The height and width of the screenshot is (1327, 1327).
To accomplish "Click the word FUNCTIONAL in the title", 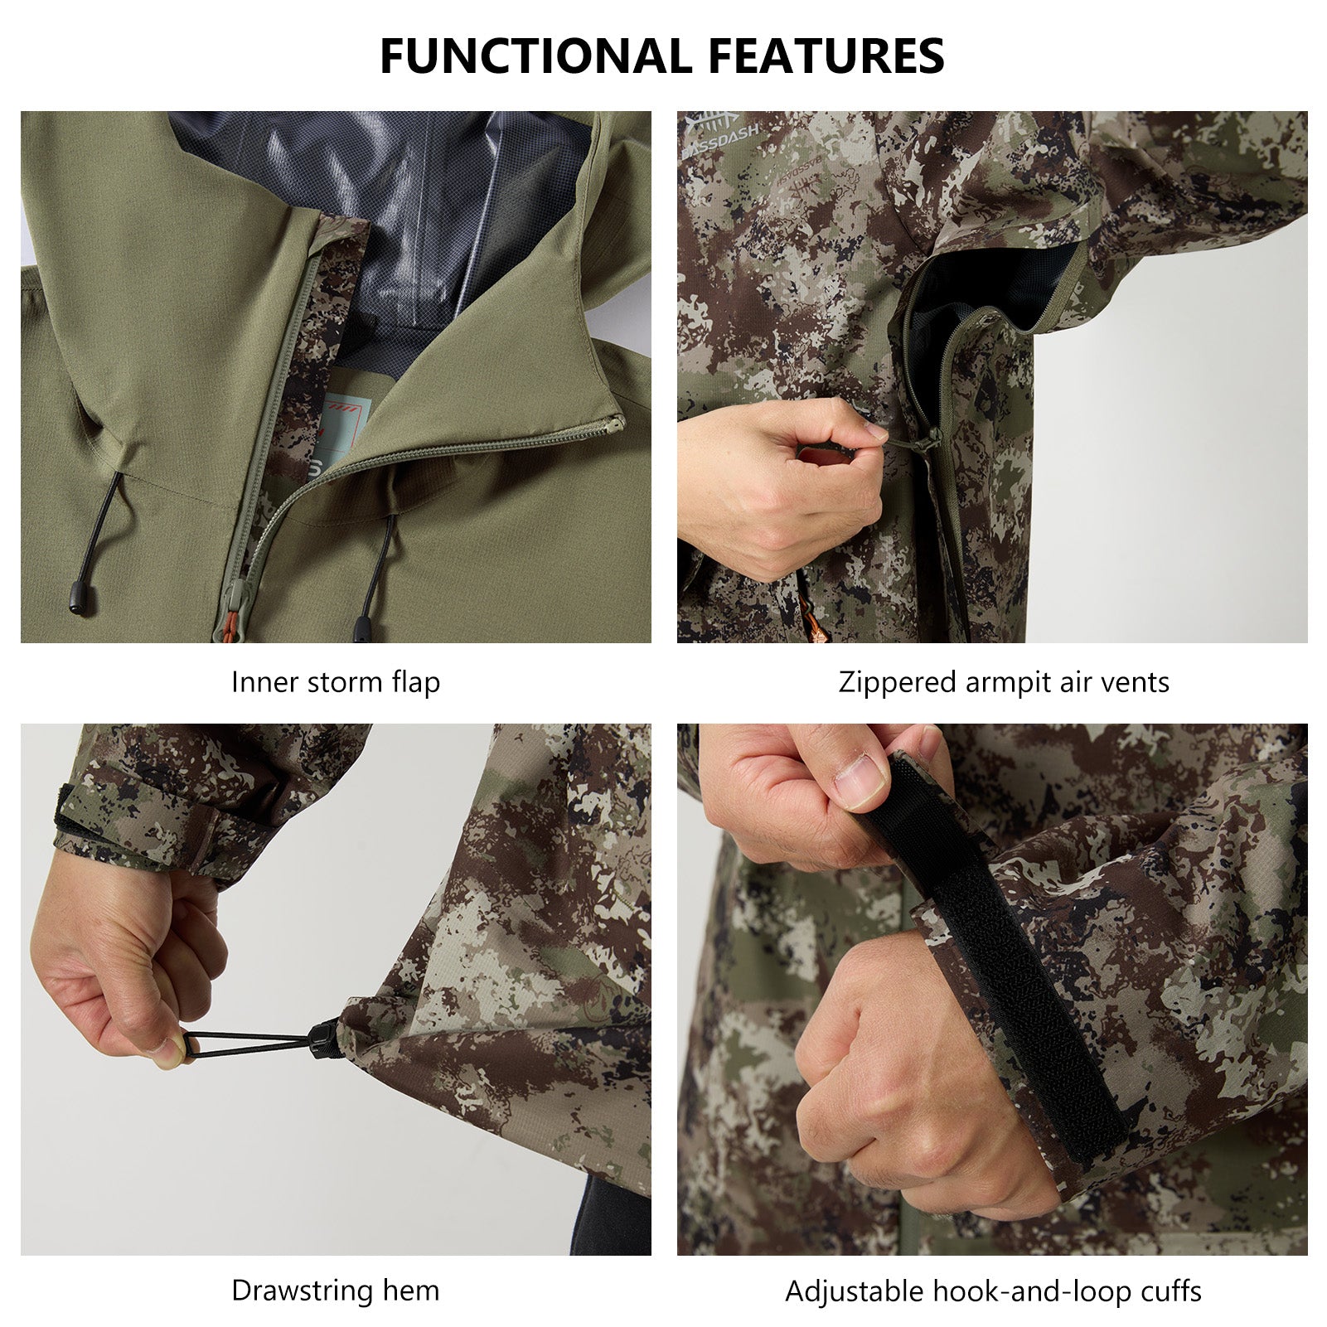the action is pos(535,56).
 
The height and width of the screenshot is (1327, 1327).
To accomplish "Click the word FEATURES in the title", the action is pos(826,56).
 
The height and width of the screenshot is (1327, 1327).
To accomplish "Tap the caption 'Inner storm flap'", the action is pos(336,682).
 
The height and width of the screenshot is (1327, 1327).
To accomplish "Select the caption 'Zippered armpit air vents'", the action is pos(1004,682).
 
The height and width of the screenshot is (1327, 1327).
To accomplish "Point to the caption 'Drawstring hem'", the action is pos(336,1290).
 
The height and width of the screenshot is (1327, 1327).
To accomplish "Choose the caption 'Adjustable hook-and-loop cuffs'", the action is pos(993,1291).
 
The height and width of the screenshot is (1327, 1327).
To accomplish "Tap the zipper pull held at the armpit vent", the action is pos(924,443).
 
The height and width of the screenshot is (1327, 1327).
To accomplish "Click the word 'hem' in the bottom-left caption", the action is pos(411,1290).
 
